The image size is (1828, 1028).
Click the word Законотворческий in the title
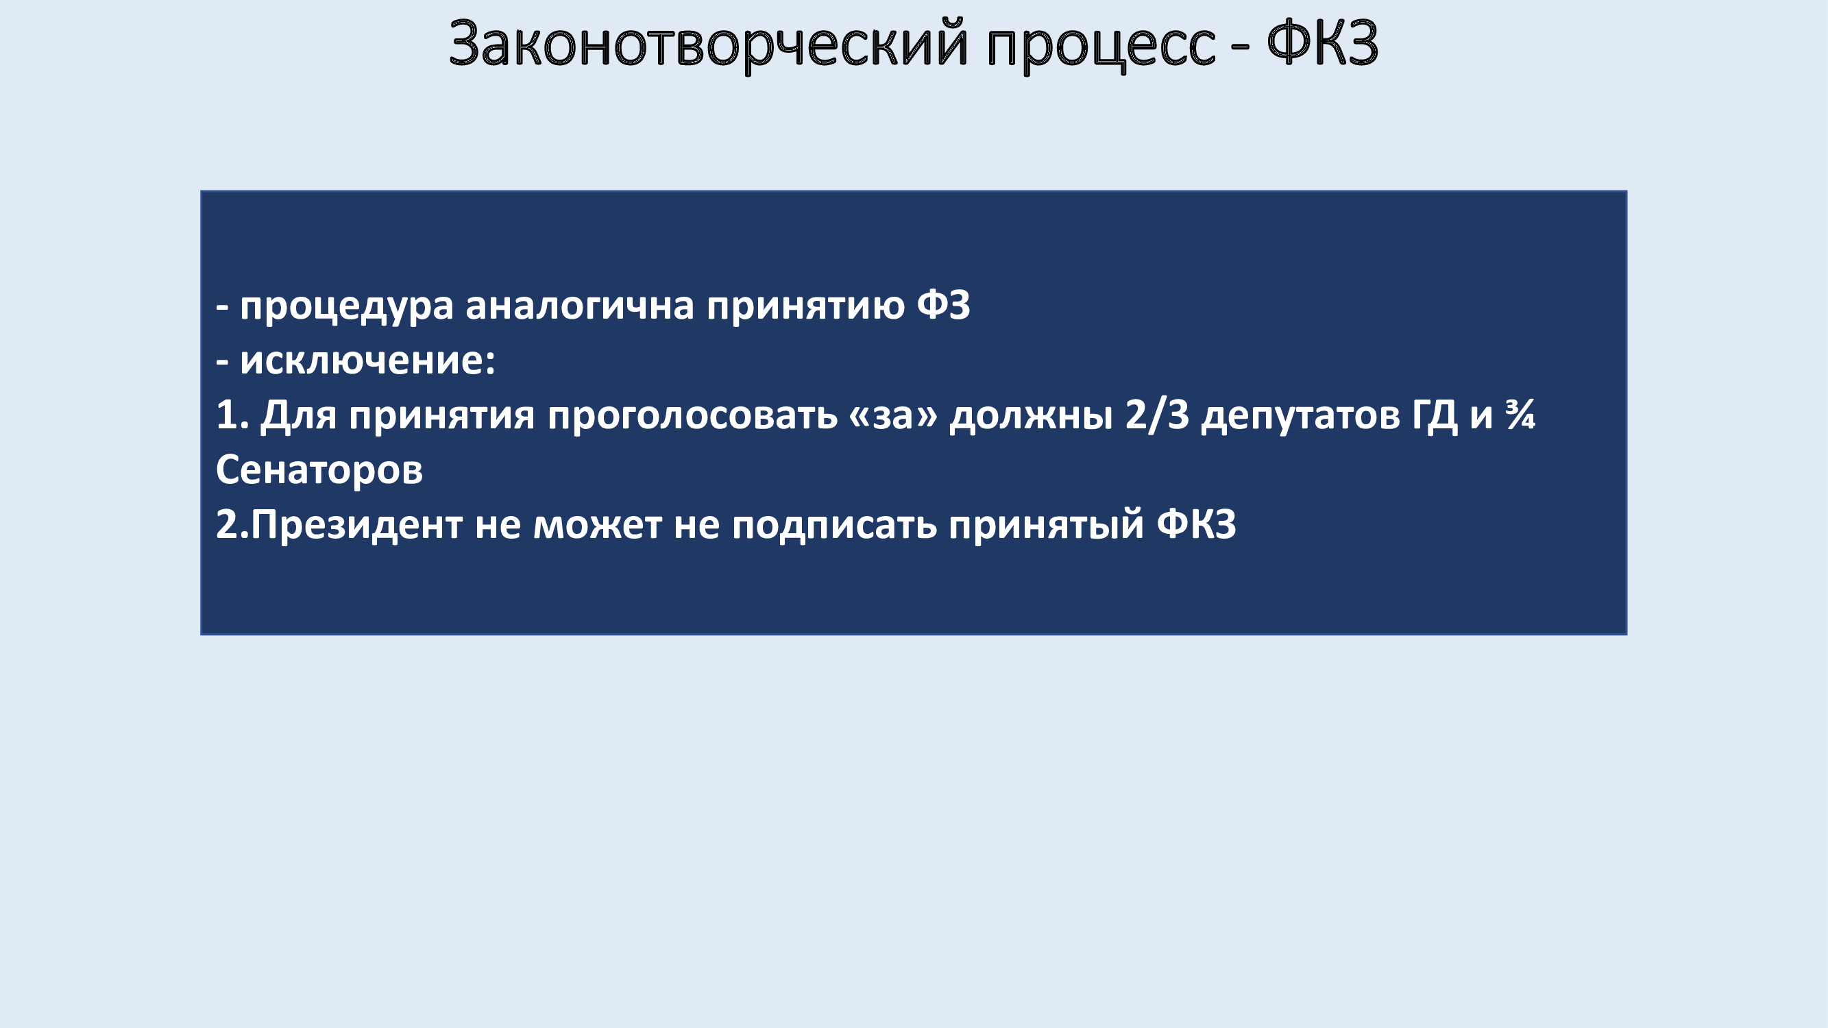709,44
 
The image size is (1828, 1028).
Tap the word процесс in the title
1101,48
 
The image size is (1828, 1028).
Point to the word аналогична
580,306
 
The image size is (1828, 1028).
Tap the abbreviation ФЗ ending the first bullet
943,305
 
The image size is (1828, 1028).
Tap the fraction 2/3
1157,415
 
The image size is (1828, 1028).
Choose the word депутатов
1300,417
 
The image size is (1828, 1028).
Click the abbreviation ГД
1435,416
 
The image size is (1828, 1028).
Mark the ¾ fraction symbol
1520,415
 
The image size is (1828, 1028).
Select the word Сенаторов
319,469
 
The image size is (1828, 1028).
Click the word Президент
357,525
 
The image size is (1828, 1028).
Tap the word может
597,526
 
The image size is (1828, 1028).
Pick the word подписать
835,526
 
